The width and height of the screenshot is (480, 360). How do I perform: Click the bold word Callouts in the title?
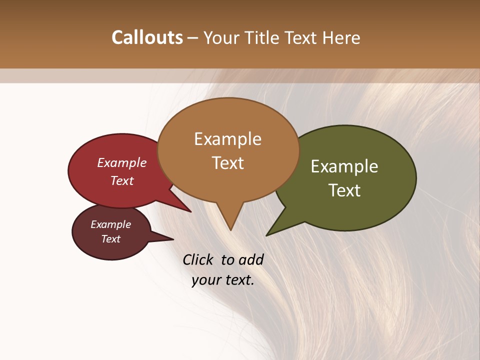[x=147, y=37]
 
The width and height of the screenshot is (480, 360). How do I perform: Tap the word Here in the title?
[x=341, y=37]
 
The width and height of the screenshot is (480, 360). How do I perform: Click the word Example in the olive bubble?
[x=344, y=166]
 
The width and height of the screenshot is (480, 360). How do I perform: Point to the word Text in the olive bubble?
[x=345, y=190]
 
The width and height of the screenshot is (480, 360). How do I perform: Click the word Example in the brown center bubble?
[x=227, y=139]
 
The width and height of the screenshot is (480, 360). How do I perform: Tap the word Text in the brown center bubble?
[x=228, y=163]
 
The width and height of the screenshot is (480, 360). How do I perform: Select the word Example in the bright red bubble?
[x=122, y=163]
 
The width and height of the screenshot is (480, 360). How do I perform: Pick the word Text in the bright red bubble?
[x=122, y=180]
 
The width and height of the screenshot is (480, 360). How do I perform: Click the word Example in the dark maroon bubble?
[x=111, y=224]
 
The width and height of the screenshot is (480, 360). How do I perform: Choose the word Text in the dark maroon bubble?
[x=111, y=239]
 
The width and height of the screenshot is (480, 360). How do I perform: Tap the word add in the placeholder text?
[x=251, y=259]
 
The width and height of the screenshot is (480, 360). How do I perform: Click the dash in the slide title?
[x=193, y=38]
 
